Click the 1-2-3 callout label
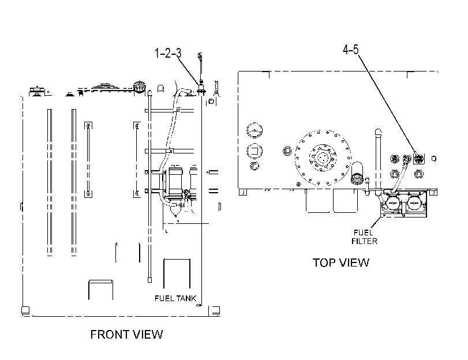(x=168, y=54)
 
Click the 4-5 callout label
(x=351, y=50)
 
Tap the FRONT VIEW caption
(x=126, y=335)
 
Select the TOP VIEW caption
(x=341, y=262)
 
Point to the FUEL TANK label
(x=175, y=298)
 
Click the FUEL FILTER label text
(x=365, y=237)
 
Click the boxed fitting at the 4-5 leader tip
(x=419, y=158)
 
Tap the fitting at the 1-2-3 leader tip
(x=201, y=88)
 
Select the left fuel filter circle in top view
(x=392, y=203)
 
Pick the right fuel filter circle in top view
(x=414, y=203)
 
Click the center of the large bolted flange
(x=323, y=157)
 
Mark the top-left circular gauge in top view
(x=254, y=130)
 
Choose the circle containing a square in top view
(x=254, y=151)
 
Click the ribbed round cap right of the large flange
(x=357, y=178)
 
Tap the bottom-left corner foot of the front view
(x=25, y=310)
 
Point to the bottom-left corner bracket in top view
(x=243, y=192)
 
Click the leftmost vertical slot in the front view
(x=50, y=182)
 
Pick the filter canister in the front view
(x=175, y=183)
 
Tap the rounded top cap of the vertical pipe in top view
(x=378, y=132)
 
